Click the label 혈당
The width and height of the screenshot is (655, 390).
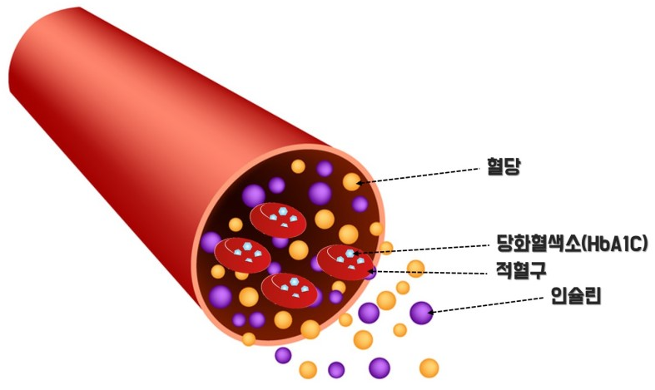click(x=503, y=168)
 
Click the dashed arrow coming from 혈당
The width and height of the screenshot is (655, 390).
click(x=424, y=175)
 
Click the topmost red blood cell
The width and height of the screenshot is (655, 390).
click(x=279, y=218)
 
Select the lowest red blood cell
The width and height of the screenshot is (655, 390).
click(x=290, y=289)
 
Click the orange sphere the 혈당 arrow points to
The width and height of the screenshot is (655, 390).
click(x=351, y=182)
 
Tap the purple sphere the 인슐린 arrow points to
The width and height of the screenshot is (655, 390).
click(x=421, y=313)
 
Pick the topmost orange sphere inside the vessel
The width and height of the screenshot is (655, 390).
click(x=298, y=166)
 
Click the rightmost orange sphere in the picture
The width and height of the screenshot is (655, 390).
click(x=429, y=367)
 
